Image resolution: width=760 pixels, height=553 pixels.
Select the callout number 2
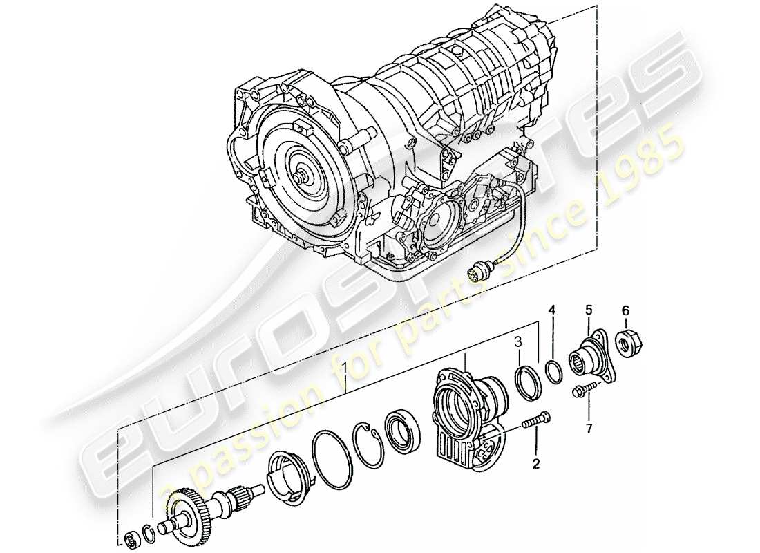point(535,464)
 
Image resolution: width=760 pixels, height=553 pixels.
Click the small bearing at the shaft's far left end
point(130,538)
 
